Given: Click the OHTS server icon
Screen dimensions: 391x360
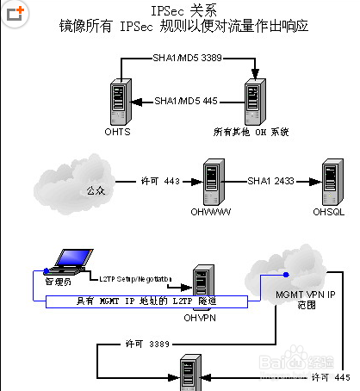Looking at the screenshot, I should pos(117,102).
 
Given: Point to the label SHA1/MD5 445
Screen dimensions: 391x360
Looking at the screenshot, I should pos(187,101).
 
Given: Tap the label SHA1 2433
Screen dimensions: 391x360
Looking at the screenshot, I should pos(271,183).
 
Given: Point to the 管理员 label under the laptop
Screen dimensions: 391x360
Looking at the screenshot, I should pos(58,282).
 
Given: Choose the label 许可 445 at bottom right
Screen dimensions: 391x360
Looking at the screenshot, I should pos(330,376).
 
